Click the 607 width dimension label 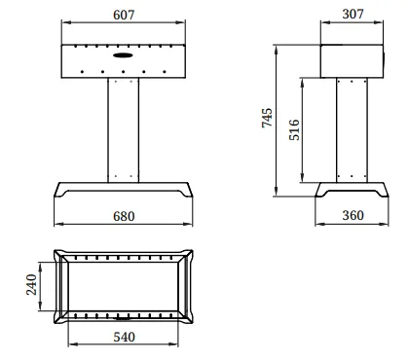tap(124, 15)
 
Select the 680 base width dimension tap(124, 216)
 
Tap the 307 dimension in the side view tap(352, 14)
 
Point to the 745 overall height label tap(267, 118)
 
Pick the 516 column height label tap(294, 129)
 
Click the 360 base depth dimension tap(352, 215)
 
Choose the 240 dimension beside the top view tap(31, 284)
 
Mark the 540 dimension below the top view tap(124, 338)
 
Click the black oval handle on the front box tap(123, 55)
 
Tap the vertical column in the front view tap(124, 130)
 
